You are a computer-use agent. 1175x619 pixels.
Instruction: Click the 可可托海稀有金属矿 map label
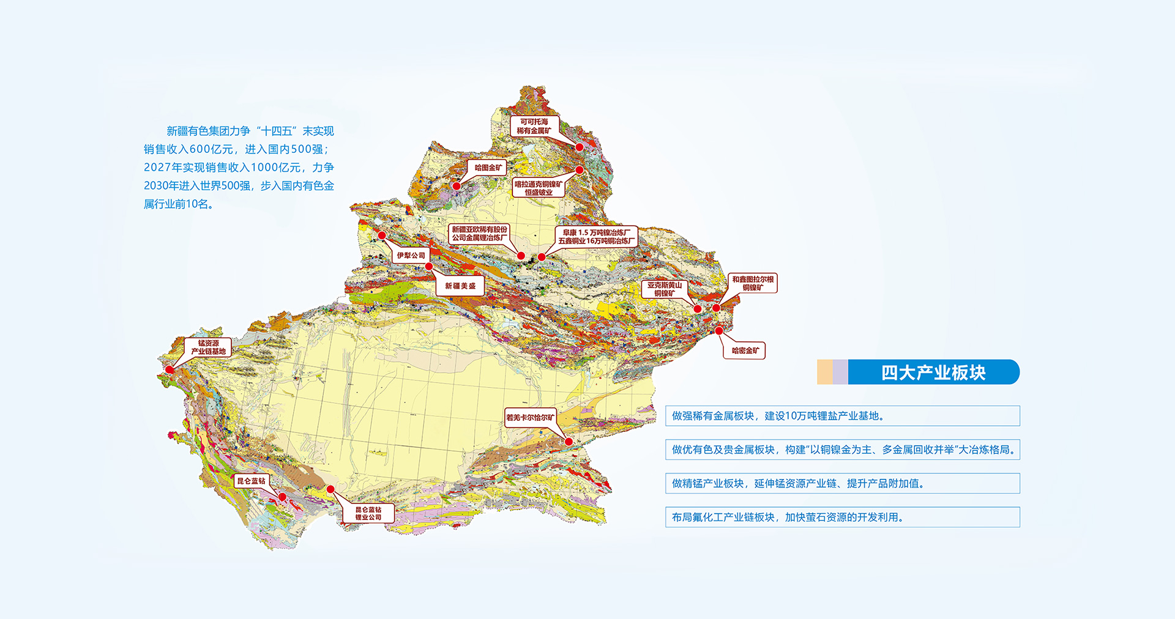point(534,126)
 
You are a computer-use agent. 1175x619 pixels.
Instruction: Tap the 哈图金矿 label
point(488,168)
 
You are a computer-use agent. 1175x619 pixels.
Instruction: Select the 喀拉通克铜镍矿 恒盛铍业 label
point(538,188)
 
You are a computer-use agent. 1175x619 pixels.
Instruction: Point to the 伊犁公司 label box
point(411,256)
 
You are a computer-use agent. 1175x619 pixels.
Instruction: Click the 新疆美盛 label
point(460,286)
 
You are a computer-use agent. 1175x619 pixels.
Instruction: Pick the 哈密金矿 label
point(745,350)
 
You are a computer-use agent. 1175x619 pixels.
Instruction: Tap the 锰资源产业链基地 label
point(208,347)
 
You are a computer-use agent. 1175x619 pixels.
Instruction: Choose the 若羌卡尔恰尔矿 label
point(530,418)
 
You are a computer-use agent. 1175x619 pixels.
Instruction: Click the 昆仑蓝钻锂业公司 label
point(368,513)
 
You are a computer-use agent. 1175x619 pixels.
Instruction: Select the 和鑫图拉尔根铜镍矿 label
point(753,283)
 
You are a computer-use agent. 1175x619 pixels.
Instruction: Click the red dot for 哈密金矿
point(719,331)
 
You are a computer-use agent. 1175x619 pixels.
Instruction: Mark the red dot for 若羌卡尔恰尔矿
point(569,442)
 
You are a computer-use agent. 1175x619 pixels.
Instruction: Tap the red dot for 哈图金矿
point(457,186)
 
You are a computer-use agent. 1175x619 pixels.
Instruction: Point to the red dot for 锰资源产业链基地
point(170,369)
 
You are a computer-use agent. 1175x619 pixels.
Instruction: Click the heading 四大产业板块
point(933,373)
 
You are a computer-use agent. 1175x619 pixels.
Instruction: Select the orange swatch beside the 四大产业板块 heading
point(824,373)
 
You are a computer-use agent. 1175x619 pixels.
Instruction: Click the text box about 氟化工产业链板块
point(842,517)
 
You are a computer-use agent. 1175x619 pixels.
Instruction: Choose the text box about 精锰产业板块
point(842,483)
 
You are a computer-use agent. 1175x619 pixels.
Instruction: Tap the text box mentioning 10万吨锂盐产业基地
point(842,416)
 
